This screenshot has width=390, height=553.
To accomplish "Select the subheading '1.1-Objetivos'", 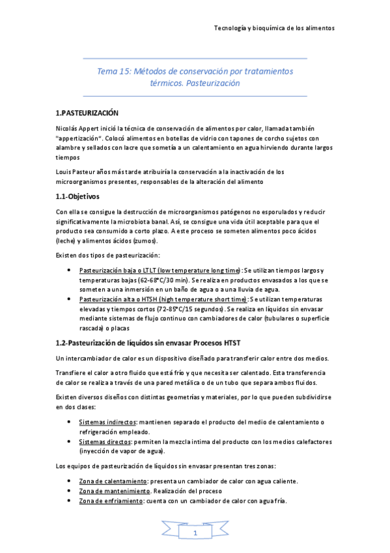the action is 77,196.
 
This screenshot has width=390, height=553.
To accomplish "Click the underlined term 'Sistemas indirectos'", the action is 106,422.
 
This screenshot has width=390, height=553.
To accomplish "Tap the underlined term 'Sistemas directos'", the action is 104,441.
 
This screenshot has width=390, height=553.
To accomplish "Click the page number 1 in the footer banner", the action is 194,533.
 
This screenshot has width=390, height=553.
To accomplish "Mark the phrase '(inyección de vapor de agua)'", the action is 122,451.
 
